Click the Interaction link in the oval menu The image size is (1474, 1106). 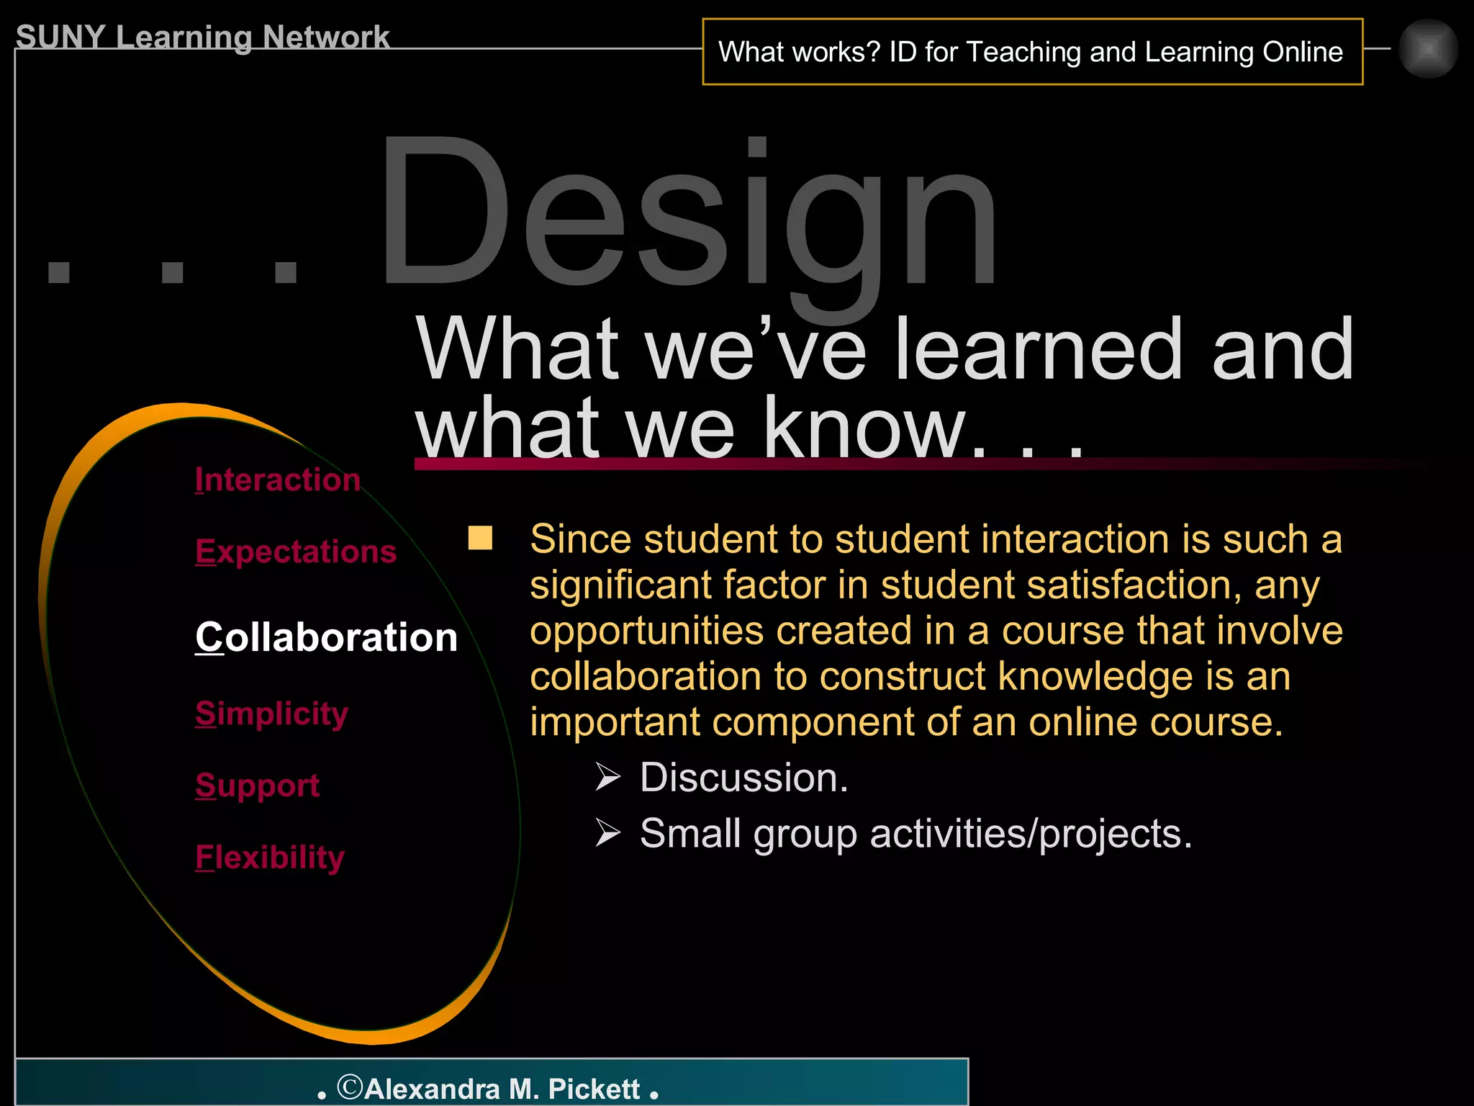[x=277, y=480]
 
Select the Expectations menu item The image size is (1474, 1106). [x=296, y=552]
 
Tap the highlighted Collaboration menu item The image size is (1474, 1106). [x=326, y=637]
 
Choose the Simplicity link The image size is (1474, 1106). [x=271, y=714]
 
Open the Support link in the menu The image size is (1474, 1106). [x=257, y=785]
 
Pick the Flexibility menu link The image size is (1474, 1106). [x=270, y=857]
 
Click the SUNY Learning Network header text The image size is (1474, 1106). [x=202, y=37]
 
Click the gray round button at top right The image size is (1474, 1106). [x=1428, y=49]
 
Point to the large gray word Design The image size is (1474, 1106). [x=687, y=216]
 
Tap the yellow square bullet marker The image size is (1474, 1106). [x=480, y=538]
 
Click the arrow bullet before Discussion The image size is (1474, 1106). [x=607, y=778]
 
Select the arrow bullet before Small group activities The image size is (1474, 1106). [x=607, y=833]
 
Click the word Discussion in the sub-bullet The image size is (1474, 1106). [x=744, y=778]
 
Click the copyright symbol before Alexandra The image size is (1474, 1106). [x=350, y=1087]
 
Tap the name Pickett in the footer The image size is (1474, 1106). [x=594, y=1089]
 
